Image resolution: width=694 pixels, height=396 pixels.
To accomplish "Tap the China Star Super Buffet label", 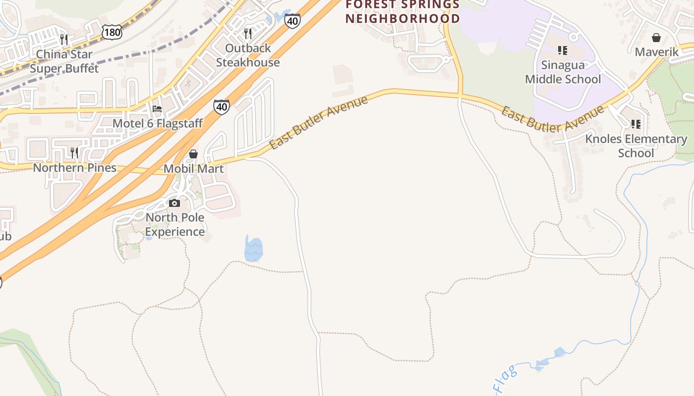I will (64, 61).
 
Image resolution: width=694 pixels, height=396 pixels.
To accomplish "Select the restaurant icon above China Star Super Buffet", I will (64, 39).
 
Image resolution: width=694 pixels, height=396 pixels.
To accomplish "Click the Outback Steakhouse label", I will (248, 55).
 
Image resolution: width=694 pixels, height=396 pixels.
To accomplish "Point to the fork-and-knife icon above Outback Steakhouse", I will (248, 33).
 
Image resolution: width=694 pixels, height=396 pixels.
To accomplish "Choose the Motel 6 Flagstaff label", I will (158, 123).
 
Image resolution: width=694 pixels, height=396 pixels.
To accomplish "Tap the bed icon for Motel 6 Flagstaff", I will (157, 109).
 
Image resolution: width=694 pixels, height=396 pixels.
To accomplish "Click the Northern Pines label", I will (74, 167).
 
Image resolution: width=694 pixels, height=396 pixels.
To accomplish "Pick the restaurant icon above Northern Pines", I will (74, 152).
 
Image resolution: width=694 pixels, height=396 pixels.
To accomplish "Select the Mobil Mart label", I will (193, 168).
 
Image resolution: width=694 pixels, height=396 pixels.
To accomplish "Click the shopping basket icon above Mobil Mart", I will (193, 154).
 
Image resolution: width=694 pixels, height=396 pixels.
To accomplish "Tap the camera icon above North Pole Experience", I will (174, 203).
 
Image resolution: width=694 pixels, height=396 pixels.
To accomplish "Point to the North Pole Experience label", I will (174, 224).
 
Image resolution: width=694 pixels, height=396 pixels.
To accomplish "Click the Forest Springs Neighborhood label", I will (403, 11).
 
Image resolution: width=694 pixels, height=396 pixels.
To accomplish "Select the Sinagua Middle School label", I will (563, 72).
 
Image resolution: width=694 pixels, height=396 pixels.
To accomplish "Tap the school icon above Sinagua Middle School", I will (563, 50).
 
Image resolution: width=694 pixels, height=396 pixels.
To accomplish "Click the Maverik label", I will (656, 51).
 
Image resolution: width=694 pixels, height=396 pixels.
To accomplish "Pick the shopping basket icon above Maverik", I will (656, 38).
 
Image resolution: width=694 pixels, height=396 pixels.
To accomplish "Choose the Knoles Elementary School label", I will (636, 146).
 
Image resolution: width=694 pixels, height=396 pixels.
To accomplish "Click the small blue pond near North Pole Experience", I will (253, 249).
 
